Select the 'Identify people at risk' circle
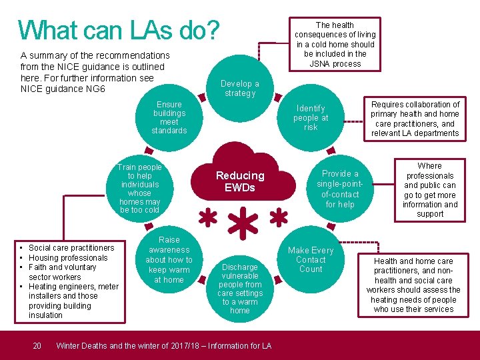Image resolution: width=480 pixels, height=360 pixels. pos(311,117)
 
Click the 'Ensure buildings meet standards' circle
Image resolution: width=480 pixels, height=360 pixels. pos(169,117)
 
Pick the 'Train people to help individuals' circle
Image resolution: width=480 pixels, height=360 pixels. pos(139,189)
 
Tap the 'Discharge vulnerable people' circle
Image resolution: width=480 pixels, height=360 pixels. pos(240,289)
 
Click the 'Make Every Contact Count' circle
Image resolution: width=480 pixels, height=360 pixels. pos(311,259)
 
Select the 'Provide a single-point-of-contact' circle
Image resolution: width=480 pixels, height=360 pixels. pos(341,189)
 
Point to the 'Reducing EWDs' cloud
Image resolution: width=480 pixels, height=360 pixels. pos(240,181)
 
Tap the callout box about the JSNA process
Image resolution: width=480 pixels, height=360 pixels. pos(337,44)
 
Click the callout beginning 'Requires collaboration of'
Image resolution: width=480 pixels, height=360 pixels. pos(415,119)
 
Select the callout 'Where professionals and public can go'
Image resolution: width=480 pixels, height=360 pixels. pos(430,190)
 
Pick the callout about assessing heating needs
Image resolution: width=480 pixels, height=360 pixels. pos(413,285)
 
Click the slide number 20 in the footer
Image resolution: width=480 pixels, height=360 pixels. pos(37,345)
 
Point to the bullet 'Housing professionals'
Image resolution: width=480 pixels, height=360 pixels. pos(68,257)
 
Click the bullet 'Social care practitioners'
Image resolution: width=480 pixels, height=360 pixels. pos(71,248)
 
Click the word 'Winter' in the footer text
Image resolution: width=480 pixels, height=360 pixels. pos(69,345)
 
